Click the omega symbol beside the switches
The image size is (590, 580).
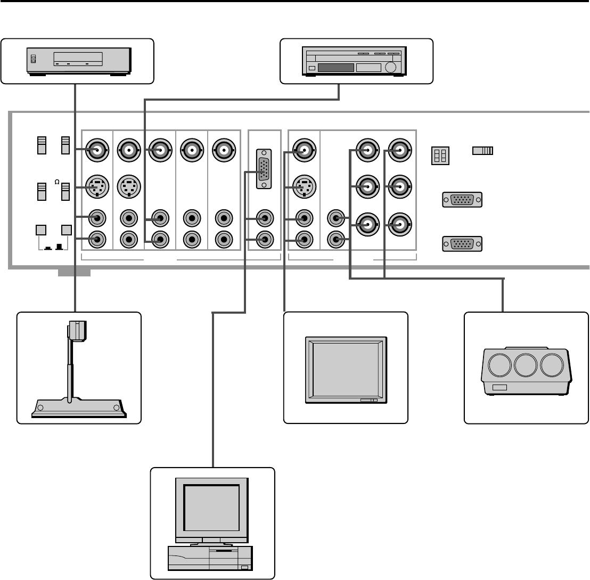click(x=56, y=182)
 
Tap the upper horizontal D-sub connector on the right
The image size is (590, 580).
click(x=462, y=200)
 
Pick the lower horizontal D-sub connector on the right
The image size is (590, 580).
click(x=462, y=244)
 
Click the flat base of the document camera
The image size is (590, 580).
click(x=78, y=407)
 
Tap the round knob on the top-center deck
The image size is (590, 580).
click(x=391, y=68)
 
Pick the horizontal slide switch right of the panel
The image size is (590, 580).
click(x=482, y=151)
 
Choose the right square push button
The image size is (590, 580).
click(x=66, y=231)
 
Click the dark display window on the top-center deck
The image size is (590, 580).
click(x=335, y=68)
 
